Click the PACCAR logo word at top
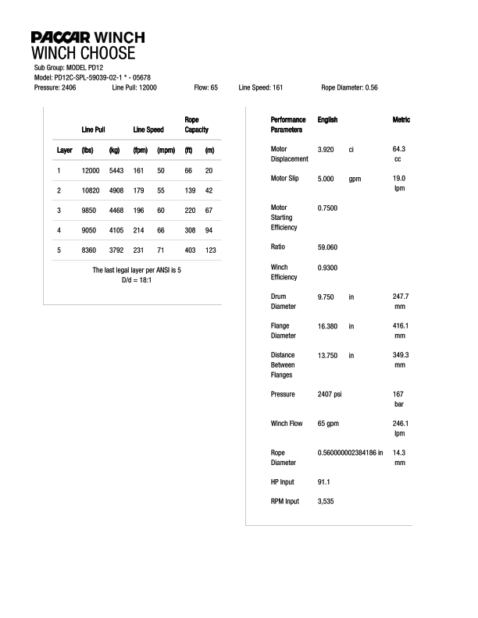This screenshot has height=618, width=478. coord(61,37)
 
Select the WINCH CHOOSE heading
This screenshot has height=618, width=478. coord(83,53)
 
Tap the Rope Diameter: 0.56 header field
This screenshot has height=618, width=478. coord(349,88)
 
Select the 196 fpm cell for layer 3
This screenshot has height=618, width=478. coord(141,211)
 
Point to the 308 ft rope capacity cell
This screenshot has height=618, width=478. coord(188,230)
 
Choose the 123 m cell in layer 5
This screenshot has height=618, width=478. coord(210,250)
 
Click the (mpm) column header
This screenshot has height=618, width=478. coord(166,150)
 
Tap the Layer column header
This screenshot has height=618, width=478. coord(65,150)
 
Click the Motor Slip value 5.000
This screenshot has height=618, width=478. coord(326,179)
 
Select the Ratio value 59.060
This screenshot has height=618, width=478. coord(328,247)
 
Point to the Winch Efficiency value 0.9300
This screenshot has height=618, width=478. coord(328,268)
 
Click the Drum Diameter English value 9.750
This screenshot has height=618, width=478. coord(326,297)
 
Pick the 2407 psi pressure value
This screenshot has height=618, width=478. coord(330,395)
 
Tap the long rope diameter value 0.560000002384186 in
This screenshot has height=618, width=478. coord(351,453)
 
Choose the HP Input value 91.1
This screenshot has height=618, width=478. coord(324,482)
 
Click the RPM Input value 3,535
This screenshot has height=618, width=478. coord(326,502)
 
